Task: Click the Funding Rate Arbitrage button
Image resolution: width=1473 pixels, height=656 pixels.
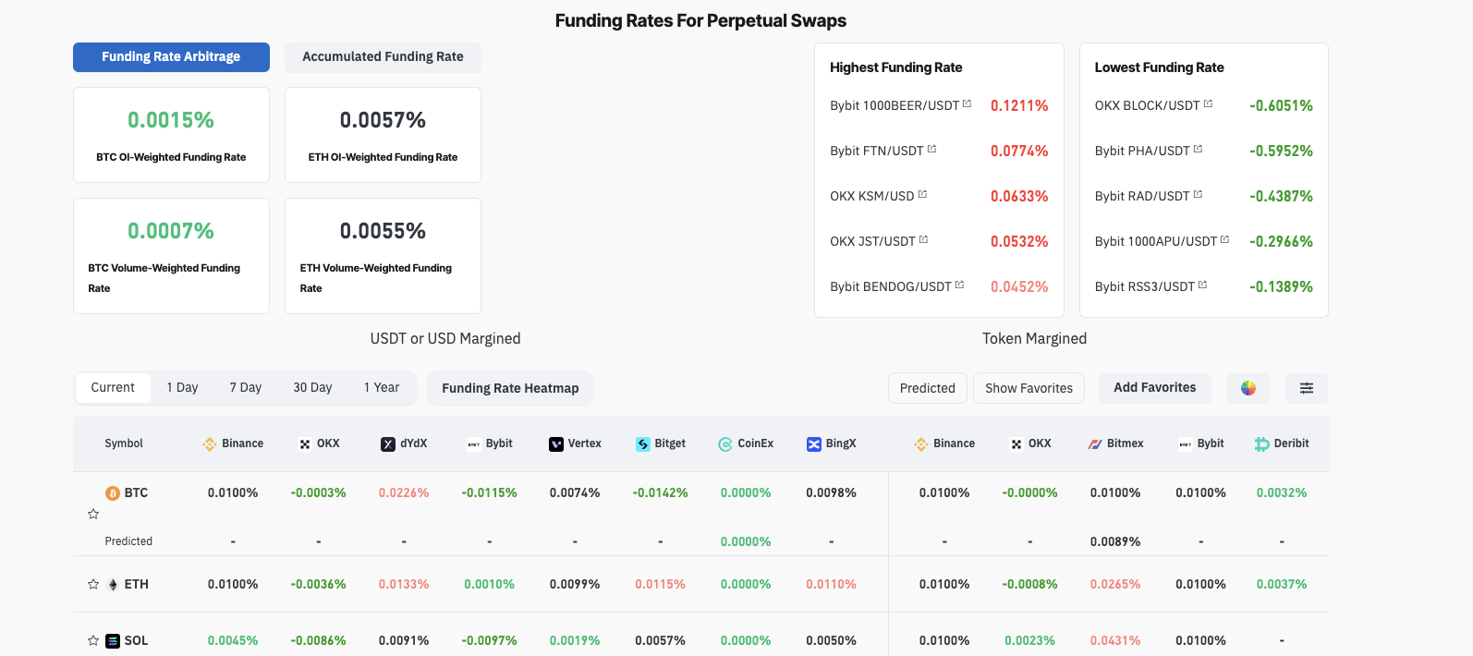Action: pyautogui.click(x=171, y=57)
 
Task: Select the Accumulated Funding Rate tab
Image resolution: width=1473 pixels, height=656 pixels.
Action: pyautogui.click(x=383, y=57)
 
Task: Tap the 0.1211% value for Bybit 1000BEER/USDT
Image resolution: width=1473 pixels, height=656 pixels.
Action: pyautogui.click(x=1019, y=105)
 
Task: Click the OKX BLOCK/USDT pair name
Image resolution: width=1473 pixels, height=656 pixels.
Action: pyautogui.click(x=1147, y=105)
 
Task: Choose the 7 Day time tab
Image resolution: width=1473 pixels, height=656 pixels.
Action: pyautogui.click(x=246, y=388)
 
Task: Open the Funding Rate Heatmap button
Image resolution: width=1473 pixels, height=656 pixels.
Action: pyautogui.click(x=510, y=389)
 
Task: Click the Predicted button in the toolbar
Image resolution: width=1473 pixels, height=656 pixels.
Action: pyautogui.click(x=927, y=389)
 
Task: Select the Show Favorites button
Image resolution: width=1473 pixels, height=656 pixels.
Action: pyautogui.click(x=1029, y=389)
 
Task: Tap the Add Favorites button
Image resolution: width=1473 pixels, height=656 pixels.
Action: pyautogui.click(x=1154, y=388)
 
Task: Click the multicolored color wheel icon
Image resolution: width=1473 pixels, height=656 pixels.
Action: pyautogui.click(x=1248, y=389)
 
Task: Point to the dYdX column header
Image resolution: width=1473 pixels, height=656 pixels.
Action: pyautogui.click(x=405, y=443)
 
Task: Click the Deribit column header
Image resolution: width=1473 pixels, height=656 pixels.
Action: pyautogui.click(x=1282, y=443)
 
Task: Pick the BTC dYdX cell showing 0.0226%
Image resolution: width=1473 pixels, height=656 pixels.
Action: pyautogui.click(x=404, y=493)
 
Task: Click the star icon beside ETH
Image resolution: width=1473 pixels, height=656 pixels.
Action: pyautogui.click(x=93, y=585)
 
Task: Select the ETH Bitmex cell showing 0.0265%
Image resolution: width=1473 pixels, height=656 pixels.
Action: pyautogui.click(x=1115, y=585)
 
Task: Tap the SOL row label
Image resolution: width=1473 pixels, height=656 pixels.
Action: pyautogui.click(x=136, y=641)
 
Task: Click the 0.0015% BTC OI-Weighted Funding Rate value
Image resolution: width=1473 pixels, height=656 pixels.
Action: pyautogui.click(x=171, y=120)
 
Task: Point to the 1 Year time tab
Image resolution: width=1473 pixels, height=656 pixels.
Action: pyautogui.click(x=382, y=388)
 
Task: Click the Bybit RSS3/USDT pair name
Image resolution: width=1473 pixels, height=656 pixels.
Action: pyautogui.click(x=1144, y=286)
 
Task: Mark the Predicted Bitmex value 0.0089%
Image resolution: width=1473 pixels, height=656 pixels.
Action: pyautogui.click(x=1115, y=542)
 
